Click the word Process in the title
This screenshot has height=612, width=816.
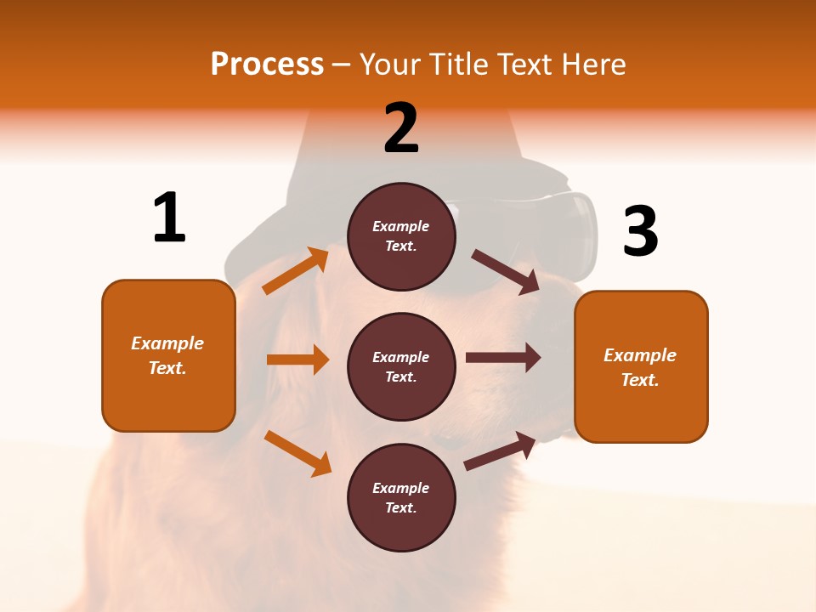pos(267,65)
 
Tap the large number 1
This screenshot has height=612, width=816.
pos(169,218)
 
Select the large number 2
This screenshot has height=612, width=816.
pos(401,128)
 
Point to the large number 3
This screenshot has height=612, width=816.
pos(640,231)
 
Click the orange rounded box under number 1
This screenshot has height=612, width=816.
pos(168,355)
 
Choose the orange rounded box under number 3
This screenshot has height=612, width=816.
pos(641,366)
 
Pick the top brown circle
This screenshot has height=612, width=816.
pos(401,236)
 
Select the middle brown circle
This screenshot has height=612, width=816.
pos(401,366)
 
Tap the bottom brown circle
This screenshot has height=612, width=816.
pos(401,497)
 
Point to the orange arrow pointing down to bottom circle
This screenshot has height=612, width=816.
pos(297,453)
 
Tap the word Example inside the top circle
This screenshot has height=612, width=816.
pos(401,226)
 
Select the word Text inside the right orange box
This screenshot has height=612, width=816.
pos(640,380)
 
